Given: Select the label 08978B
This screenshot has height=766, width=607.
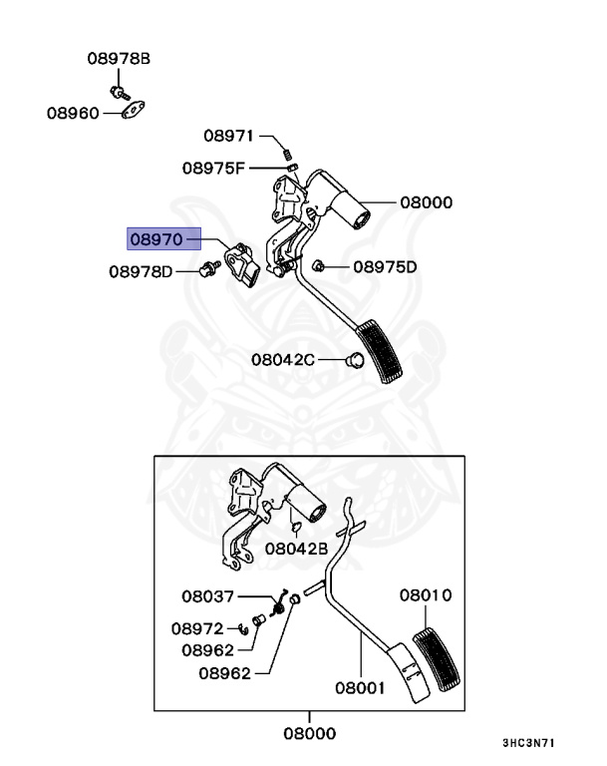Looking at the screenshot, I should (117, 60).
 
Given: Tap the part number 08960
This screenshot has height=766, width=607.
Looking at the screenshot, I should (73, 114).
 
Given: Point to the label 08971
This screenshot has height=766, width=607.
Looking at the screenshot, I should (229, 135).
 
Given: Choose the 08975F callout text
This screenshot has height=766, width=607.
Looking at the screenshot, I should (212, 168).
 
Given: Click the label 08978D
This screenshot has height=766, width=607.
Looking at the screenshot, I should (141, 270).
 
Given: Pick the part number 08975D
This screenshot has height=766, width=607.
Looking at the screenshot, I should (385, 266).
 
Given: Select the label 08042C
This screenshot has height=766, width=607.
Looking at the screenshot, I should (282, 359).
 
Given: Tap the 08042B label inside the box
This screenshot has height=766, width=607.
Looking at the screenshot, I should (297, 549).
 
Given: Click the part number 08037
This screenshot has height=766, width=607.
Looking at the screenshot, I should (207, 596).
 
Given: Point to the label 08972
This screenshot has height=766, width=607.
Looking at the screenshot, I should (196, 629).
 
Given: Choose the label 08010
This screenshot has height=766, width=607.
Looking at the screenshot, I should (426, 595).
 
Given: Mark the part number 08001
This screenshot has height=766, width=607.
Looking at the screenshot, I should (360, 687).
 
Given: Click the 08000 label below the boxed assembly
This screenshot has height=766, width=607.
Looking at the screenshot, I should (308, 733).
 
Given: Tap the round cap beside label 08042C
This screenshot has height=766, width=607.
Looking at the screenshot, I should (352, 360).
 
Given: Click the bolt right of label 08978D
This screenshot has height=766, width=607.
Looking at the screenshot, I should (207, 268).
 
